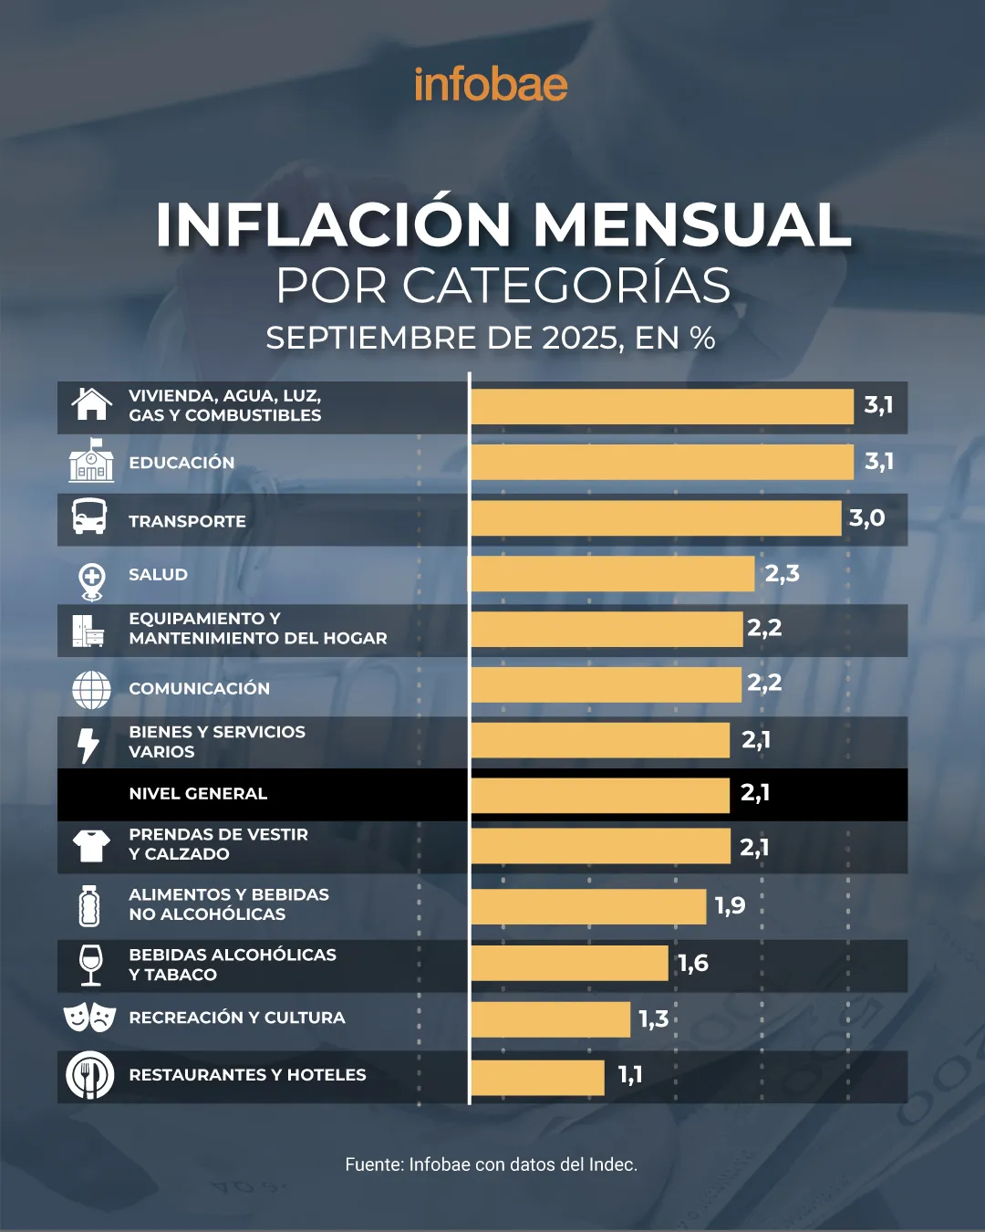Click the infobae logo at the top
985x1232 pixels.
pyautogui.click(x=491, y=85)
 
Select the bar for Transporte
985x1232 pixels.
pyautogui.click(x=656, y=518)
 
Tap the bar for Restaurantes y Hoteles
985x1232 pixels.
pyautogui.click(x=537, y=1077)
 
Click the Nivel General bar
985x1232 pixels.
pyautogui.click(x=600, y=795)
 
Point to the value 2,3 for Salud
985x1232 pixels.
pyautogui.click(x=782, y=574)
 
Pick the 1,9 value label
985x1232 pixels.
pyautogui.click(x=730, y=906)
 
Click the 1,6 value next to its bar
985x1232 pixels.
pyautogui.click(x=693, y=964)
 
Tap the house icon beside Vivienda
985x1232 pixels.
pyautogui.click(x=91, y=403)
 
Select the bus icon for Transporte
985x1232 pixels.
pyautogui.click(x=89, y=517)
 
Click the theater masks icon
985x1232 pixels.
pyautogui.click(x=89, y=1017)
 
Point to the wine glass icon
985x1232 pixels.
pyautogui.click(x=90, y=965)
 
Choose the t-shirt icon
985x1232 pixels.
pyautogui.click(x=91, y=845)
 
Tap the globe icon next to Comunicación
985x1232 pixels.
pyautogui.click(x=91, y=689)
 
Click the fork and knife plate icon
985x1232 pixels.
pyautogui.click(x=89, y=1075)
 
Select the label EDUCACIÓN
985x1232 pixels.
pyautogui.click(x=181, y=463)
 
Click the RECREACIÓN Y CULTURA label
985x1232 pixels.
pyautogui.click(x=237, y=1018)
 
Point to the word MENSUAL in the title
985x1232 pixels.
pyautogui.click(x=691, y=224)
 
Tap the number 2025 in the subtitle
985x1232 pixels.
pyautogui.click(x=581, y=339)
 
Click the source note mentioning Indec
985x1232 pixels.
pyautogui.click(x=491, y=1164)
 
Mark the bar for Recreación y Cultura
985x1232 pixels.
pyautogui.click(x=550, y=1019)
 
